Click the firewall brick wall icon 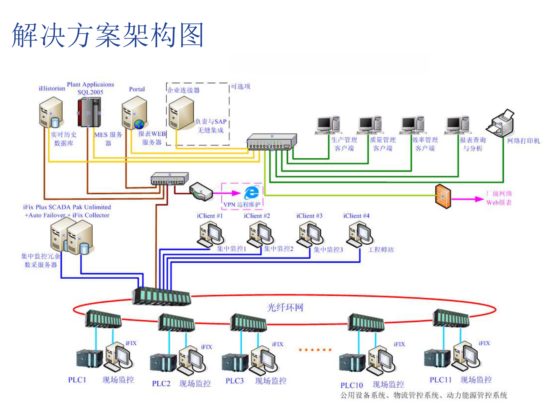[443, 196]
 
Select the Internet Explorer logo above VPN [252, 192]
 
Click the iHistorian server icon [51, 113]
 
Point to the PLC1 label [77, 380]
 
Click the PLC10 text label [351, 385]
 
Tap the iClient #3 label [309, 216]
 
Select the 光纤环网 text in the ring [285, 308]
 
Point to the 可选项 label [241, 86]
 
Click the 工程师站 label [381, 250]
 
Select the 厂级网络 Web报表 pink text [499, 198]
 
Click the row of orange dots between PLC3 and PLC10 [315, 350]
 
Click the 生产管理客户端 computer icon [328, 125]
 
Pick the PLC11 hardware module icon [437, 358]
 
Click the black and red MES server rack [89, 113]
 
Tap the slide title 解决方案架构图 [108, 35]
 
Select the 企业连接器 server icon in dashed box [181, 113]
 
